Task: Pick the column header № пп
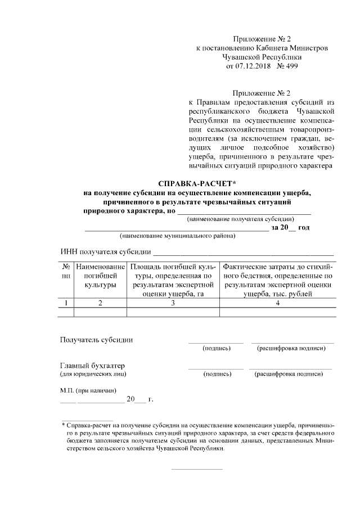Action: point(66,271)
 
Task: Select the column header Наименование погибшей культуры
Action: point(100,276)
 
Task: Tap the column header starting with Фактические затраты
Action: point(278,280)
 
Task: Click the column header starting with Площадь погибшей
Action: point(173,280)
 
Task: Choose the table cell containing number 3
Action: point(173,304)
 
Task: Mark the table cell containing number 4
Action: point(278,304)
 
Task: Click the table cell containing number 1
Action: point(66,304)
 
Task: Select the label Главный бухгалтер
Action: point(92,366)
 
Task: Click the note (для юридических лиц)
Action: point(93,374)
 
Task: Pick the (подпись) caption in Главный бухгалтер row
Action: point(217,374)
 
